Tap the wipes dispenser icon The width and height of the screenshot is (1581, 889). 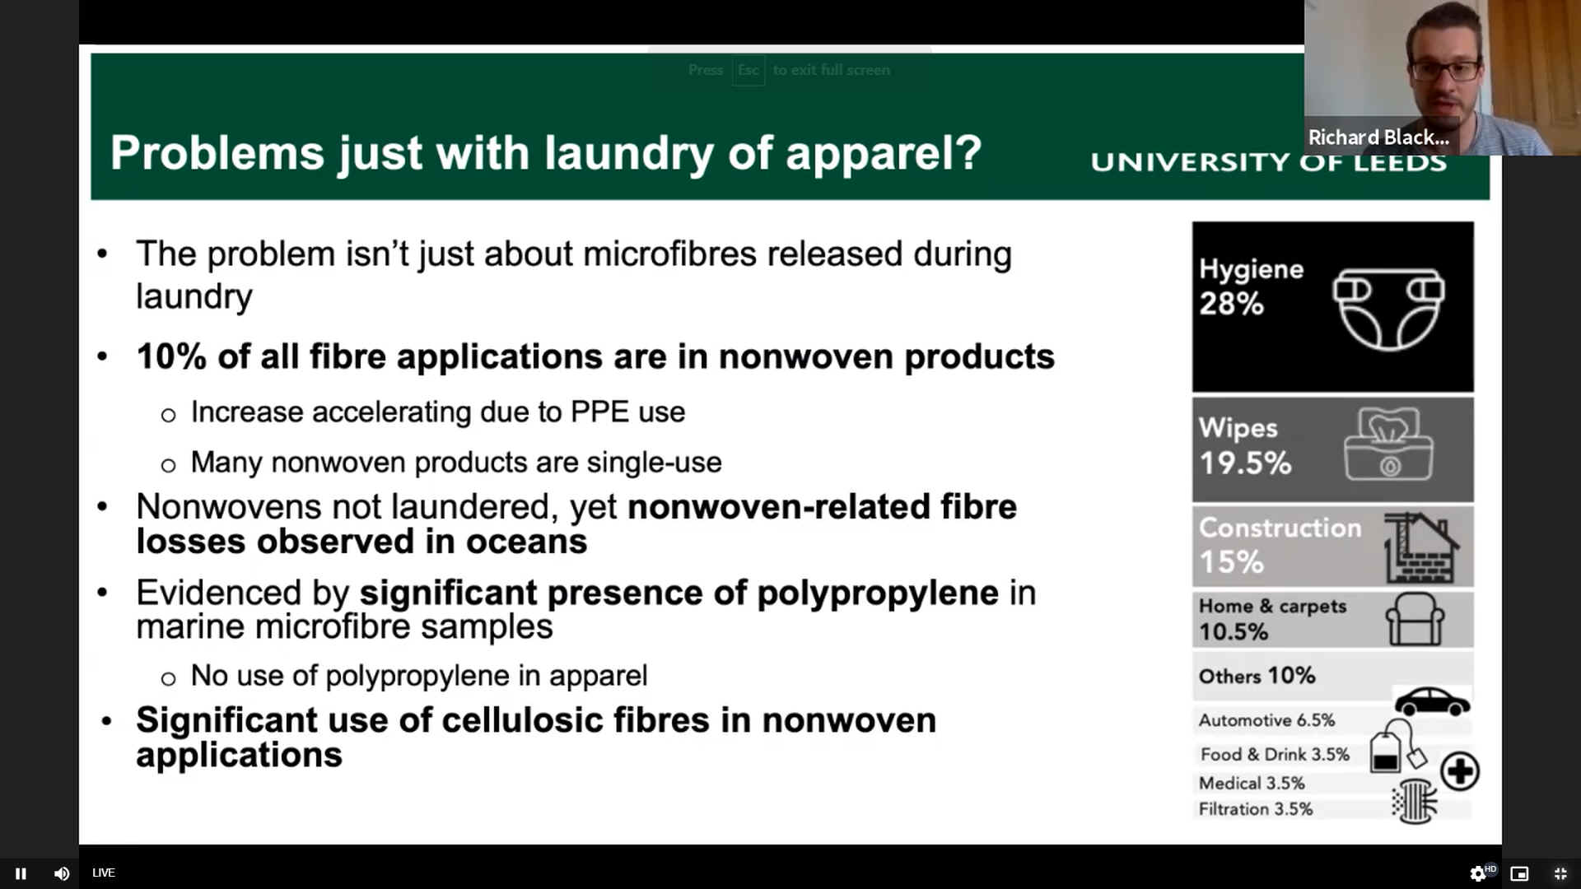coord(1388,444)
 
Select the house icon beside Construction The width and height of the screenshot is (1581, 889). coord(1421,547)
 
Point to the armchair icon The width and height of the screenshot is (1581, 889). coord(1415,619)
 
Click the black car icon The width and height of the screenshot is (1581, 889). coord(1432,702)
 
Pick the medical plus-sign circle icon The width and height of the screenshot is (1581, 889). coord(1460,771)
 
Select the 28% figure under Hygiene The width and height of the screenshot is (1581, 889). coord(1231,304)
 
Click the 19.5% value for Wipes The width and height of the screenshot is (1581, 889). coord(1245,463)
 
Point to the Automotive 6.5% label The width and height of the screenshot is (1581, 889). coord(1266,720)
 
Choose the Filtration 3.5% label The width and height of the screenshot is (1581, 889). coord(1256,809)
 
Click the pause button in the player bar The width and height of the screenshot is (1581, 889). coord(21,873)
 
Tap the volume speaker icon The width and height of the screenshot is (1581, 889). coord(62,873)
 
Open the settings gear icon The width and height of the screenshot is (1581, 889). coord(1478,873)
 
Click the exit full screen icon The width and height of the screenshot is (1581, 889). coord(1560,873)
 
